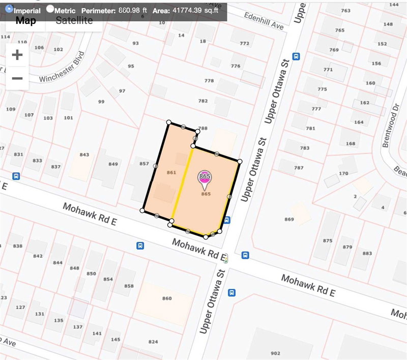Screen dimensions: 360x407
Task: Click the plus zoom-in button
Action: pos(17,55)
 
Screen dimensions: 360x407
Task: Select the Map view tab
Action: pos(25,20)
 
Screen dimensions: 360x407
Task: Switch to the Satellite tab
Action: pos(74,20)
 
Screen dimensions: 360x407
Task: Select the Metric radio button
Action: pos(50,9)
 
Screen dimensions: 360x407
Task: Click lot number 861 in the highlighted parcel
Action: pos(171,173)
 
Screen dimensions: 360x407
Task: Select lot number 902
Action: pos(275,353)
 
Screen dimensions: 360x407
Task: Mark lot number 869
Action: pos(289,219)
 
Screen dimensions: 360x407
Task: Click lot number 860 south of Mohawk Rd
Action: pos(166,298)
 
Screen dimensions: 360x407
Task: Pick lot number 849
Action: pos(113,164)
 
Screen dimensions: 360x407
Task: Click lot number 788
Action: pos(203,129)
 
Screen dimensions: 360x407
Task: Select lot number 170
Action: pos(343,174)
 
